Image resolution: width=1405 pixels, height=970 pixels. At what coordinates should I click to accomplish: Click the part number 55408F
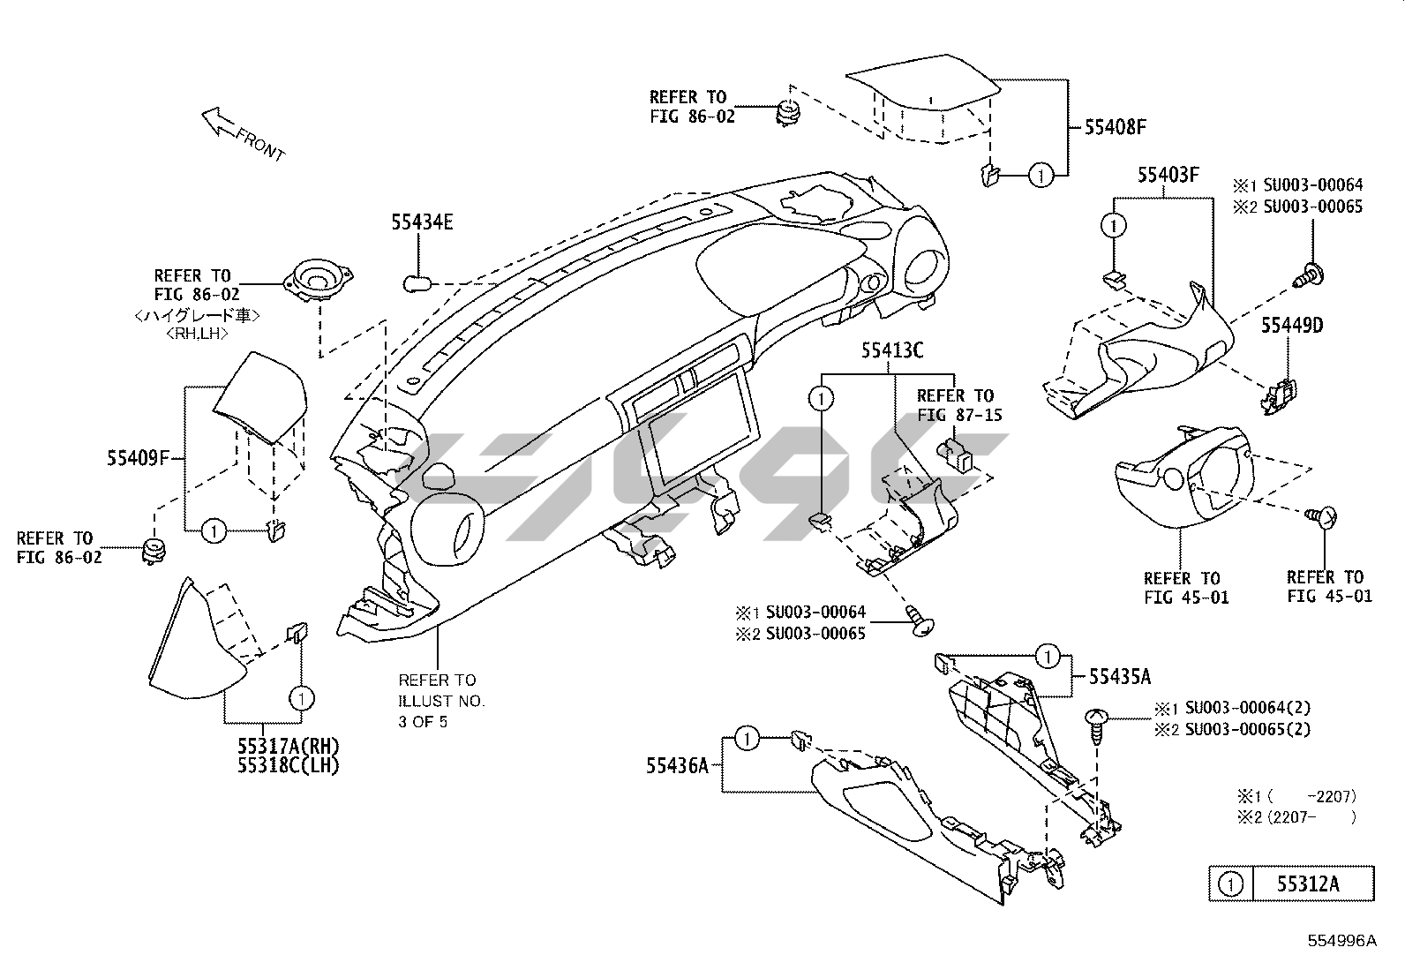1115,127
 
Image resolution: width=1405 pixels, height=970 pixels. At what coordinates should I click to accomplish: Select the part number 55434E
422,222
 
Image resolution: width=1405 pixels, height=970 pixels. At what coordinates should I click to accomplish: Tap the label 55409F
138,458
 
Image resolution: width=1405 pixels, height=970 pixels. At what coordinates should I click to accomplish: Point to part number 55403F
1168,175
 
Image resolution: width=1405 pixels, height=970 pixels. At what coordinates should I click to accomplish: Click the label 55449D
1291,326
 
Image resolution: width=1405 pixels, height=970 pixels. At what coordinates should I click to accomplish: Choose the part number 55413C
892,351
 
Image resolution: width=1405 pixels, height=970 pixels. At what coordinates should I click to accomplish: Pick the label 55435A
1119,677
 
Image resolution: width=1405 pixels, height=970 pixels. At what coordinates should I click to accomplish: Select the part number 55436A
677,766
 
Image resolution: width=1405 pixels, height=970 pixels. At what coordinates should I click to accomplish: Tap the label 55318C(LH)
288,765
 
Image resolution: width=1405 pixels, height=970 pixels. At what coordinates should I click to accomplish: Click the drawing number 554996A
1341,941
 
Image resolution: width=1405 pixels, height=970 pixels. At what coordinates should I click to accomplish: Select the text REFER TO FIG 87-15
959,405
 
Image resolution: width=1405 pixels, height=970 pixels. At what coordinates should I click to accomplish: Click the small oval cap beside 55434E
416,283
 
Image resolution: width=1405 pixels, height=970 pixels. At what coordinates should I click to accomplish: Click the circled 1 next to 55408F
1041,176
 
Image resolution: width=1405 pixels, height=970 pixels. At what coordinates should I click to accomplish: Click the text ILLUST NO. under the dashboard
441,701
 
